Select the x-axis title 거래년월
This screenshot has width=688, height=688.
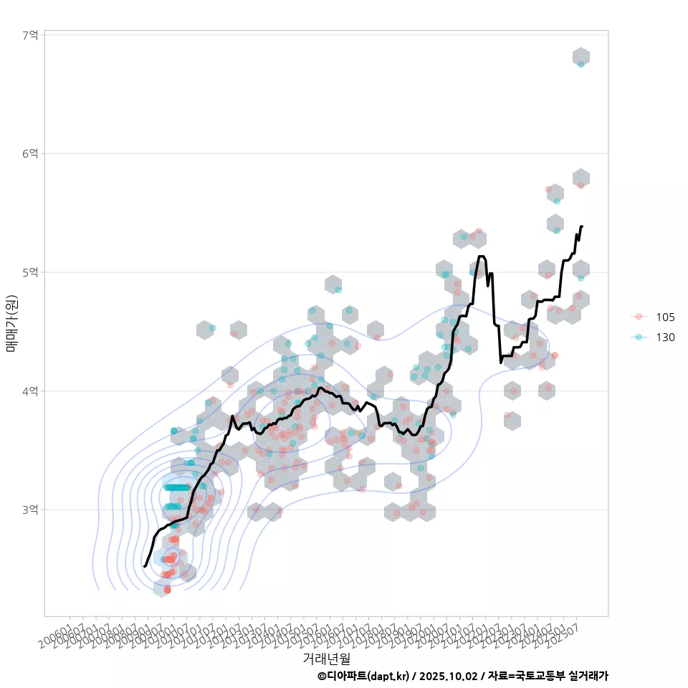coord(326,658)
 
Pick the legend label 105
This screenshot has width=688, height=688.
coord(665,317)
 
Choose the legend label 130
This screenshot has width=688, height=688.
coord(665,337)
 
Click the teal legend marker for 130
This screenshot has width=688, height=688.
coord(639,337)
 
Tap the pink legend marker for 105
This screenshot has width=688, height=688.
coord(639,317)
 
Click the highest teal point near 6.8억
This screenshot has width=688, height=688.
coord(580,64)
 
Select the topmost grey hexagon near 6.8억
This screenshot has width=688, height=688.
coord(581,57)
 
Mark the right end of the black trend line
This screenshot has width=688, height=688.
coord(581,226)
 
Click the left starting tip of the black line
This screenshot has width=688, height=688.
coord(145,566)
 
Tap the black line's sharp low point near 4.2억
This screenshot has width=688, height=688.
coord(501,363)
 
